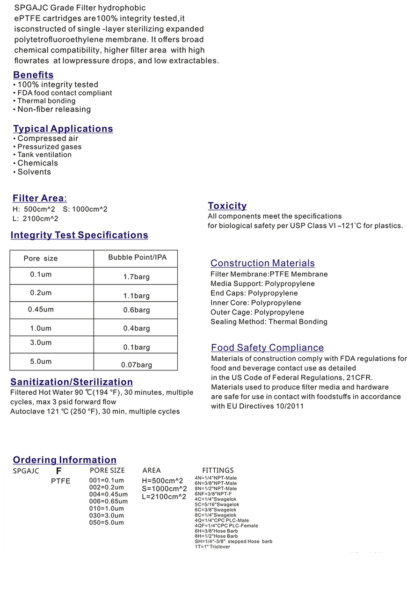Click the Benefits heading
33,75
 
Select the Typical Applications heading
63,129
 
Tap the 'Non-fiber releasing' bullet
54,109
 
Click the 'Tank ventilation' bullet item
44,155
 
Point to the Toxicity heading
227,206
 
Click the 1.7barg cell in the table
136,277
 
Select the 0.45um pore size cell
41,310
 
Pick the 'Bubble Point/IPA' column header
137,257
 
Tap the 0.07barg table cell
136,365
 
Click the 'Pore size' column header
41,259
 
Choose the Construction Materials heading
262,263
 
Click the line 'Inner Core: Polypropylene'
255,303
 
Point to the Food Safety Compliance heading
267,347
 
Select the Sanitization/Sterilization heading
72,382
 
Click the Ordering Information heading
65,460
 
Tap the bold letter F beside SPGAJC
59,471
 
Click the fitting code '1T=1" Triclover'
212,547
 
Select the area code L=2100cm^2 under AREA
164,497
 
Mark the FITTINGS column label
218,470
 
